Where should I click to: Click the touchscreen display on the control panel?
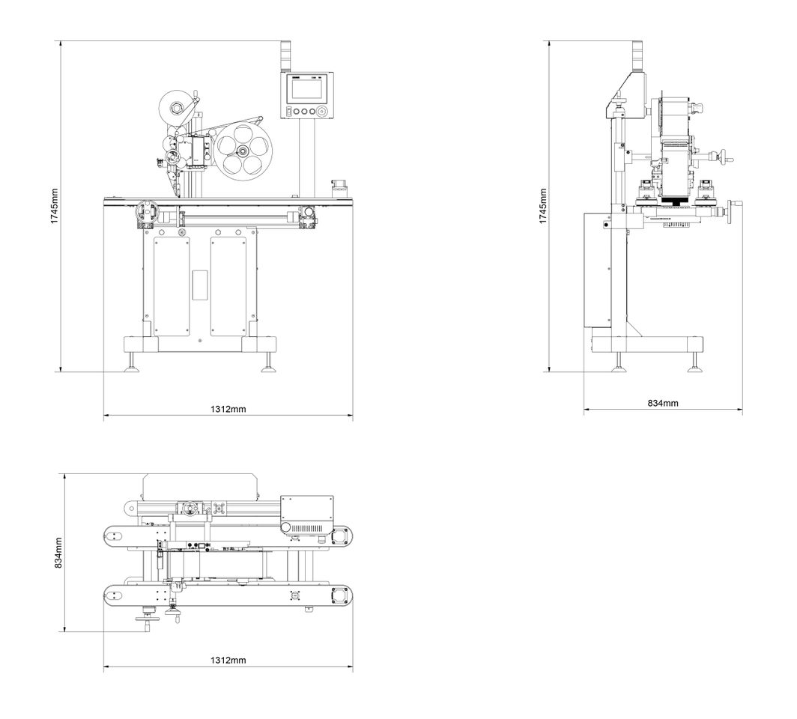[307, 89]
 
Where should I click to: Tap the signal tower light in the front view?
[284, 54]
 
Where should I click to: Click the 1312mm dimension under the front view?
[228, 409]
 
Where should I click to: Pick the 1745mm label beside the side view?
[544, 206]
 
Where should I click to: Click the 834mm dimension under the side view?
[662, 403]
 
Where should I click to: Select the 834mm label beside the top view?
[59, 553]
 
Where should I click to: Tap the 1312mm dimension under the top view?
[228, 661]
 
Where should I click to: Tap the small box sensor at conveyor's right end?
[338, 186]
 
